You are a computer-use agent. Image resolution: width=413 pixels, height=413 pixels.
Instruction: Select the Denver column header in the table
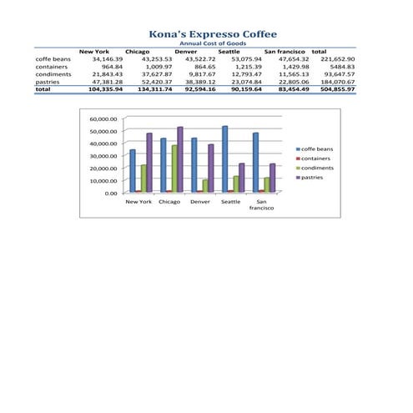tap(186, 52)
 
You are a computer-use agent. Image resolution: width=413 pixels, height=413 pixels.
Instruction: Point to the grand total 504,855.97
tap(337, 89)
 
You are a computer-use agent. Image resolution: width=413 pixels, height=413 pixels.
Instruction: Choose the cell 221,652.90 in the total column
tap(337, 59)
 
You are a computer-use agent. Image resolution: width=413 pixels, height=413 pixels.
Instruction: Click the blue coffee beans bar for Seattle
tap(225, 159)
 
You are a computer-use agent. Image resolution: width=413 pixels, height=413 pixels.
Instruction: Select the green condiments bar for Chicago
tap(175, 169)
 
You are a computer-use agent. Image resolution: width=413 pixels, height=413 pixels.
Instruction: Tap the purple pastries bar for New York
tap(150, 163)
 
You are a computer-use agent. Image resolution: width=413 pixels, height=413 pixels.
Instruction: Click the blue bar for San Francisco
tap(255, 163)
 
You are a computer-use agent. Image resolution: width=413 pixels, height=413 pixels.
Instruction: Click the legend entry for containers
tap(315, 159)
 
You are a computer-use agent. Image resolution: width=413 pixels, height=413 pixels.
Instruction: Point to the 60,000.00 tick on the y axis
tap(104, 119)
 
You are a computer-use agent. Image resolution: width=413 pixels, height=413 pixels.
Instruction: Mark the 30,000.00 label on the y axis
tap(104, 156)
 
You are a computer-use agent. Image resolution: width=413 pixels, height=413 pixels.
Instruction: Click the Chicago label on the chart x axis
tap(169, 202)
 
